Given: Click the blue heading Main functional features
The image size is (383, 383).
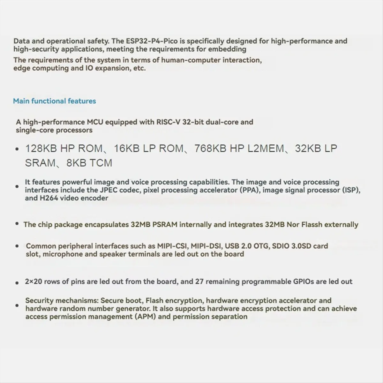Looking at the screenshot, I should [x=54, y=101].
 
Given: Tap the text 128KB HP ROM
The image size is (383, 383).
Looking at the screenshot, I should [x=64, y=149].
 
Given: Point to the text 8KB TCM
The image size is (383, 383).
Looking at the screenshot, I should [x=89, y=163].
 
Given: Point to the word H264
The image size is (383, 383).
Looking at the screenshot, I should [x=49, y=198].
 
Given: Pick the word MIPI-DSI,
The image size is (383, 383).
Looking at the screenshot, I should [x=207, y=246].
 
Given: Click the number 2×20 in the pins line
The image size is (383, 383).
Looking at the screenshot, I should [x=33, y=282].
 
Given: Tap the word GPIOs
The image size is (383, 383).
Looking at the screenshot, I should [x=304, y=282].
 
